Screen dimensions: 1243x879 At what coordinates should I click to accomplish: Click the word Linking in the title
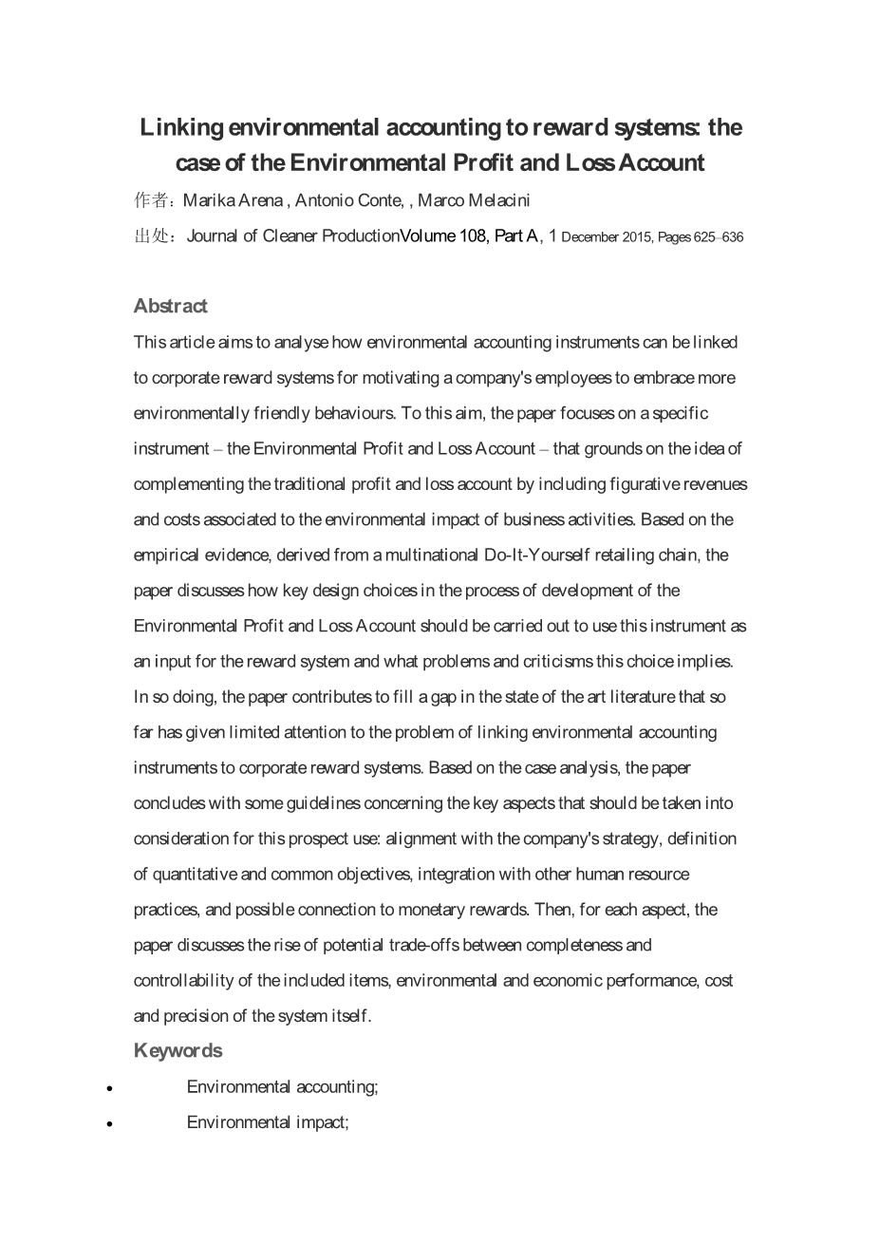click(x=182, y=127)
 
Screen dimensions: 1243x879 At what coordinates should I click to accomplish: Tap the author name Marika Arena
click(x=233, y=200)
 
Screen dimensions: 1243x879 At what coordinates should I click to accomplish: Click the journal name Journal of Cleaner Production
click(x=292, y=236)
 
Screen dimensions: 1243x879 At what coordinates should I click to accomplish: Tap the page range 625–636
click(x=719, y=237)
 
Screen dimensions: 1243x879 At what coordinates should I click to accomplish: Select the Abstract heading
click(x=170, y=306)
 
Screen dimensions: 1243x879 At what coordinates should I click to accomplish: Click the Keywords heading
click(x=178, y=1050)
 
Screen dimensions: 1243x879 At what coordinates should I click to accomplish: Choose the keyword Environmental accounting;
click(x=282, y=1086)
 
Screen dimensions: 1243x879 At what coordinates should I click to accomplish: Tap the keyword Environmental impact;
click(x=268, y=1122)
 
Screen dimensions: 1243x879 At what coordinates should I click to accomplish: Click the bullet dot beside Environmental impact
click(x=111, y=1124)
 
